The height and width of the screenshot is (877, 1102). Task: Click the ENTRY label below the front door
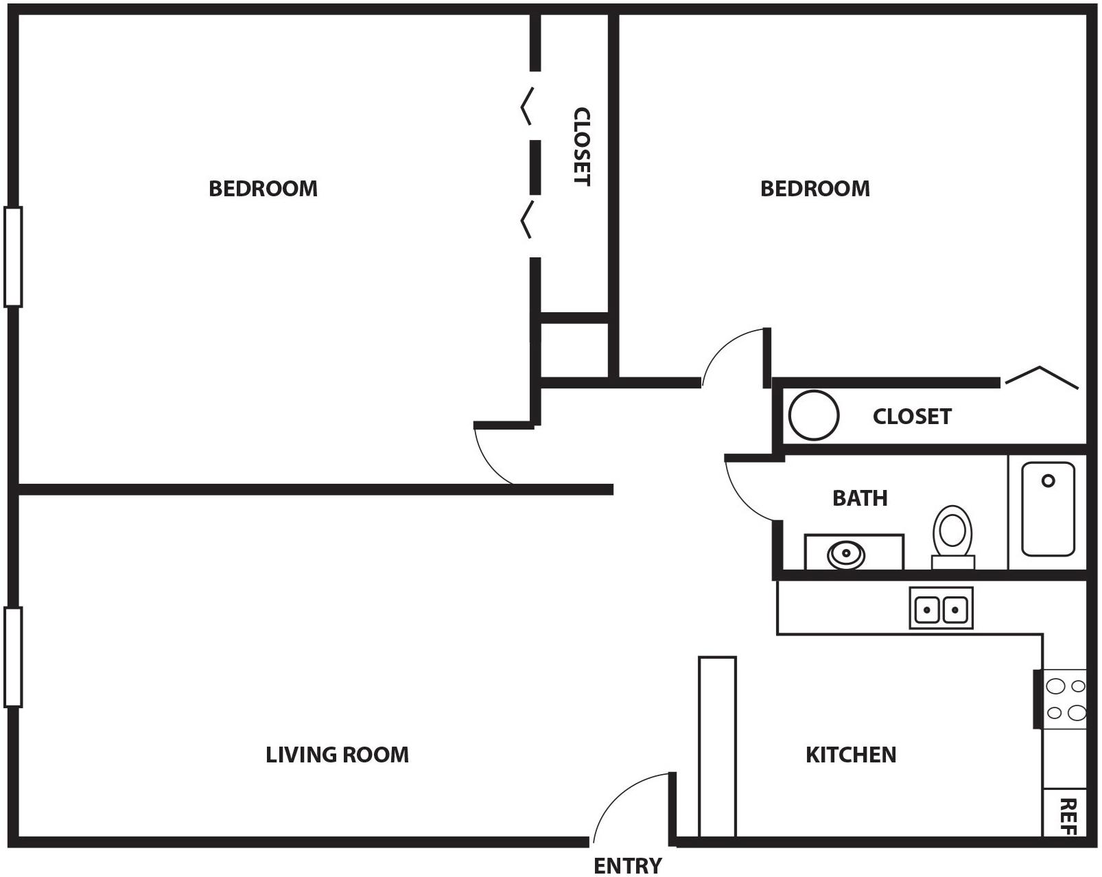(x=627, y=865)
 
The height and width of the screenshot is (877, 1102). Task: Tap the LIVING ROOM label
(x=337, y=755)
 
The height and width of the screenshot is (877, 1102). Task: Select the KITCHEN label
(x=850, y=755)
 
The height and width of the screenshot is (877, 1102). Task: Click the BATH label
(x=859, y=498)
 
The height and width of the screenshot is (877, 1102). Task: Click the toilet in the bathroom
(x=952, y=535)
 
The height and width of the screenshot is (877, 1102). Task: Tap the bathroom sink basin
(x=846, y=553)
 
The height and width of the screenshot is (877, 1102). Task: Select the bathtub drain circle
(x=1048, y=480)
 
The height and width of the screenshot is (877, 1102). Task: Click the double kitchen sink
(x=941, y=608)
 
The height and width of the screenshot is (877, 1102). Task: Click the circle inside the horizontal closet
(x=813, y=415)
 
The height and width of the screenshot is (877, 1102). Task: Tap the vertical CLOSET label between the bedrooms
(x=581, y=146)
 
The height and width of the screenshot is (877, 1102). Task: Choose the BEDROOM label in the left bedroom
(x=263, y=189)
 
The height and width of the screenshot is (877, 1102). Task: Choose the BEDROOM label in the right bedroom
(x=814, y=189)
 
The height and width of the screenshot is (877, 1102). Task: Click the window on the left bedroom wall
(x=13, y=256)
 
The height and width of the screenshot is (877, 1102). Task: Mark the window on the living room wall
(x=13, y=657)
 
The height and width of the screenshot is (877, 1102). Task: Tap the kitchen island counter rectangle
(x=717, y=747)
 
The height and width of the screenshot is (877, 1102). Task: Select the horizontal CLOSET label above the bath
(x=911, y=417)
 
